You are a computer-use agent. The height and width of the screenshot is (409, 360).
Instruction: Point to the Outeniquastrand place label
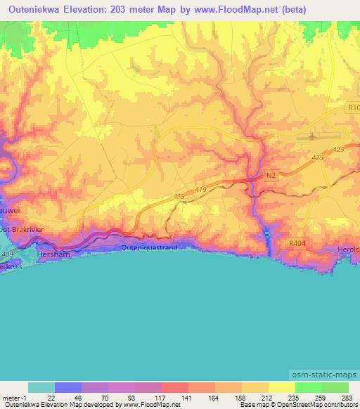point(149,247)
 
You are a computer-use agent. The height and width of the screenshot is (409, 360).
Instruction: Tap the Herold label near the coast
point(348,249)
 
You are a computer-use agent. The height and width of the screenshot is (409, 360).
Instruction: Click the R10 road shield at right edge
point(353,109)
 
